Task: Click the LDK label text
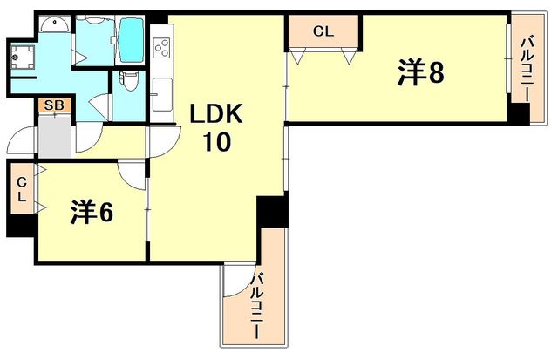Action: [217, 115]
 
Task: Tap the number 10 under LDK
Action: [217, 141]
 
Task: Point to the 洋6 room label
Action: [92, 212]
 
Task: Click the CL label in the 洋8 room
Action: [323, 31]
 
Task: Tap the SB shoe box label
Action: [52, 105]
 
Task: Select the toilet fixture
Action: [129, 81]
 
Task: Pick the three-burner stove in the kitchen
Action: [161, 47]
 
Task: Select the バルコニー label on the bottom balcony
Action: [259, 305]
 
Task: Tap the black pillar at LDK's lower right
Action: [271, 212]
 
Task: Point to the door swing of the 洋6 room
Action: [131, 174]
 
